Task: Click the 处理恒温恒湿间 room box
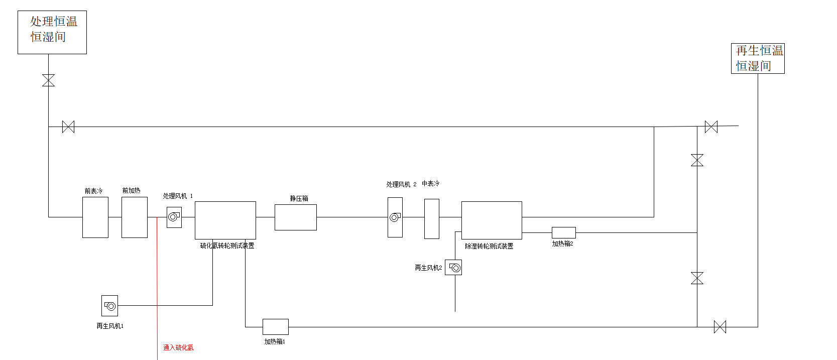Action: pos(52,32)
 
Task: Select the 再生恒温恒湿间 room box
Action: pos(758,58)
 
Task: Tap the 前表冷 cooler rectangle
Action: pos(95,217)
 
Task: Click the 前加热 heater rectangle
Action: pos(135,217)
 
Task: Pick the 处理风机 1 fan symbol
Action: pos(174,217)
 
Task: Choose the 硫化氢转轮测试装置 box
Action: pos(225,220)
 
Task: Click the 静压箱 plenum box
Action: pos(296,217)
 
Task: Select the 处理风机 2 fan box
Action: pos(395,217)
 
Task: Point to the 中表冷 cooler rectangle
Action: pos(432,218)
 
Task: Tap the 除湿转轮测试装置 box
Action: pos(492,220)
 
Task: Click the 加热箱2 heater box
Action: pos(564,232)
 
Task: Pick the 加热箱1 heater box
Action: pos(276,326)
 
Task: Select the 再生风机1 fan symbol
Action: pos(110,306)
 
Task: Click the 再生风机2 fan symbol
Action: pos(453,268)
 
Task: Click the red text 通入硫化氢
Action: pos(178,347)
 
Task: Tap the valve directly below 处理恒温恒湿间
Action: pos(49,80)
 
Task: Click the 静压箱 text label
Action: pos(299,198)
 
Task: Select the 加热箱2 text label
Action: pos(562,244)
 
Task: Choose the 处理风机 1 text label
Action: pos(178,196)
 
